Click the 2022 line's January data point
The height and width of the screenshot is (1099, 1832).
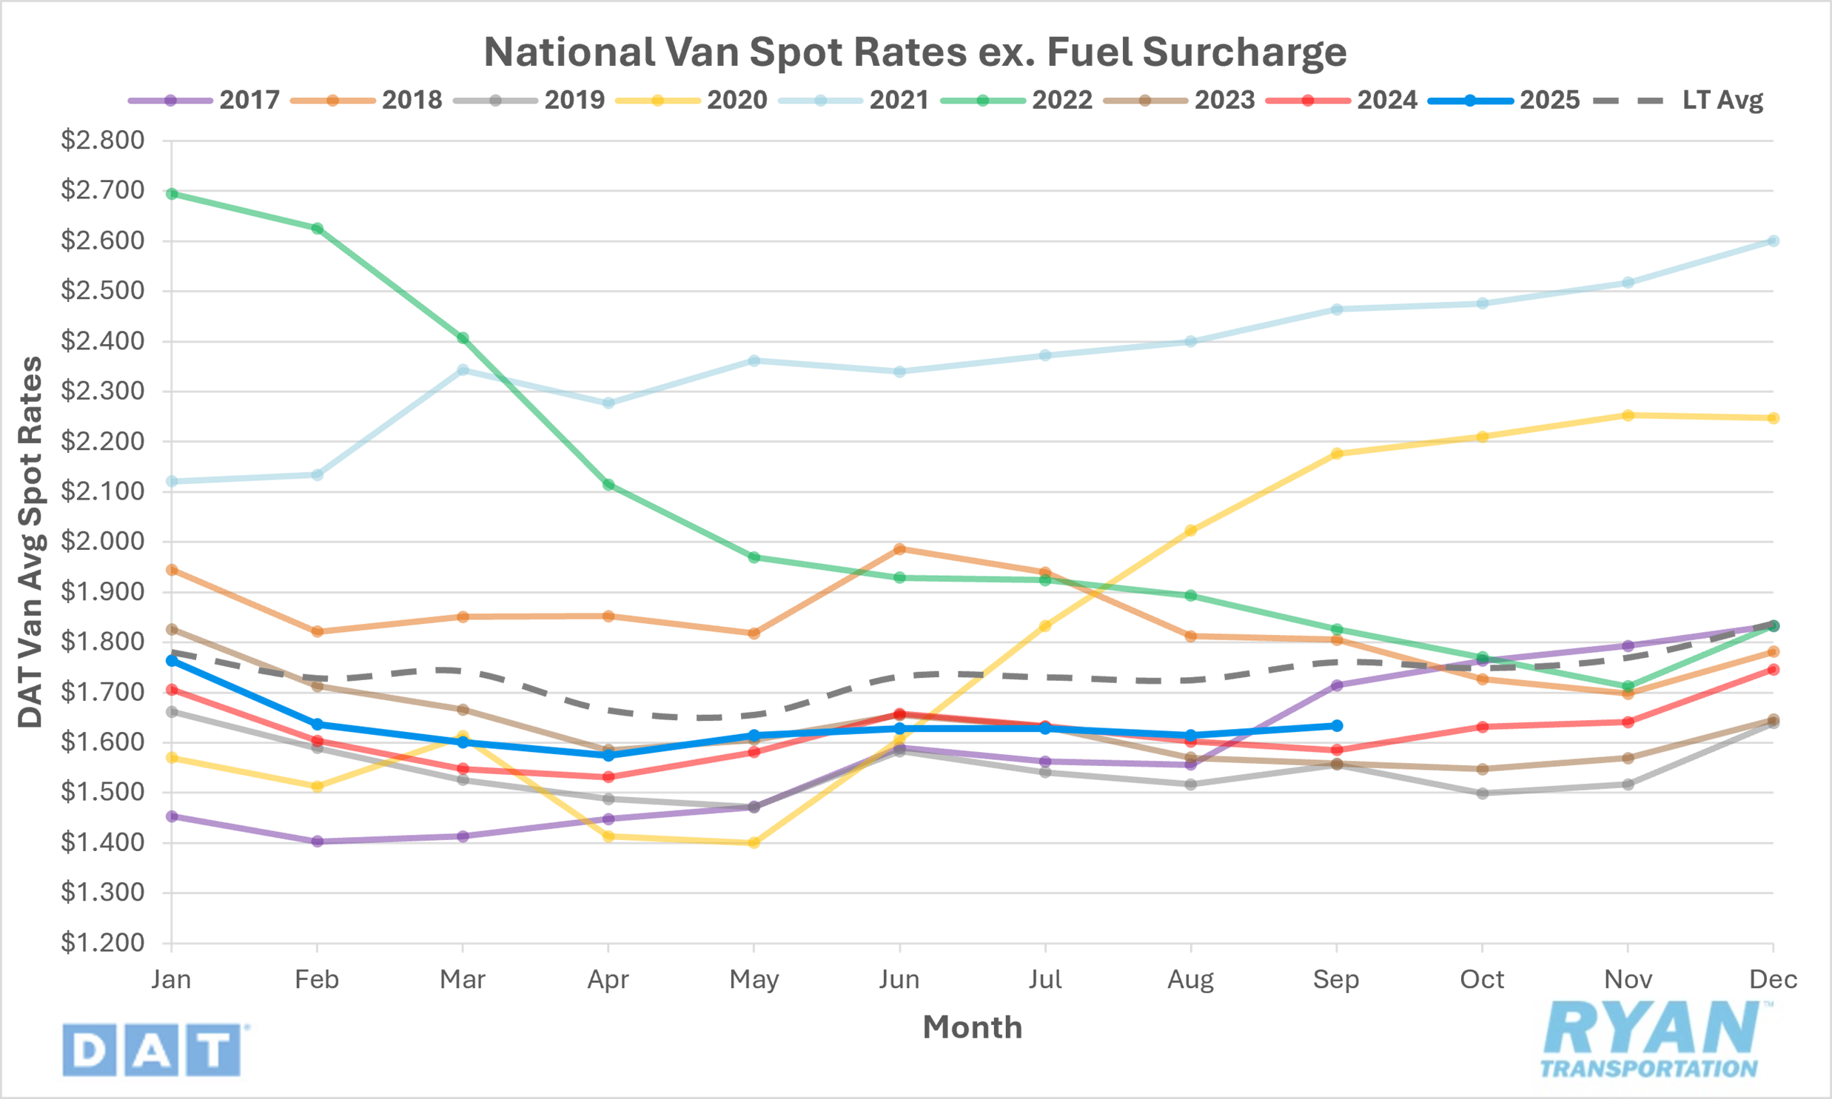[172, 194]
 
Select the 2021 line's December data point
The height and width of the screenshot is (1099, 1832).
[1774, 241]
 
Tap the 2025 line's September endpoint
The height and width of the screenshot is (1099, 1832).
[1337, 726]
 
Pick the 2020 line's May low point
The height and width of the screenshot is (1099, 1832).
[754, 843]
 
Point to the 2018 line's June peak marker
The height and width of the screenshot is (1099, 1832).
[899, 548]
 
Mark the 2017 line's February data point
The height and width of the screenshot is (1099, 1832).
[317, 841]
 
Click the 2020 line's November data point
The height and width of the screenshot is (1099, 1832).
[1628, 415]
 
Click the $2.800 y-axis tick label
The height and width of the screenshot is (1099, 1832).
[102, 140]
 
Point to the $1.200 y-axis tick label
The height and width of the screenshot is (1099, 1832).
[102, 943]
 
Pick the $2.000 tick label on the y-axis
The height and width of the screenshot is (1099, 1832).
[102, 541]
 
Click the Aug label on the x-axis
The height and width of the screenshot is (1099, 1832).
[1190, 980]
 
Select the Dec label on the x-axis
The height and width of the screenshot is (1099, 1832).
[1773, 980]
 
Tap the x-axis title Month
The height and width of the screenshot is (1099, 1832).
[972, 1027]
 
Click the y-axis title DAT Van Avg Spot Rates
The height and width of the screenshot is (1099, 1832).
[30, 542]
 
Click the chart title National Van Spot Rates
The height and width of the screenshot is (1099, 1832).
[915, 52]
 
